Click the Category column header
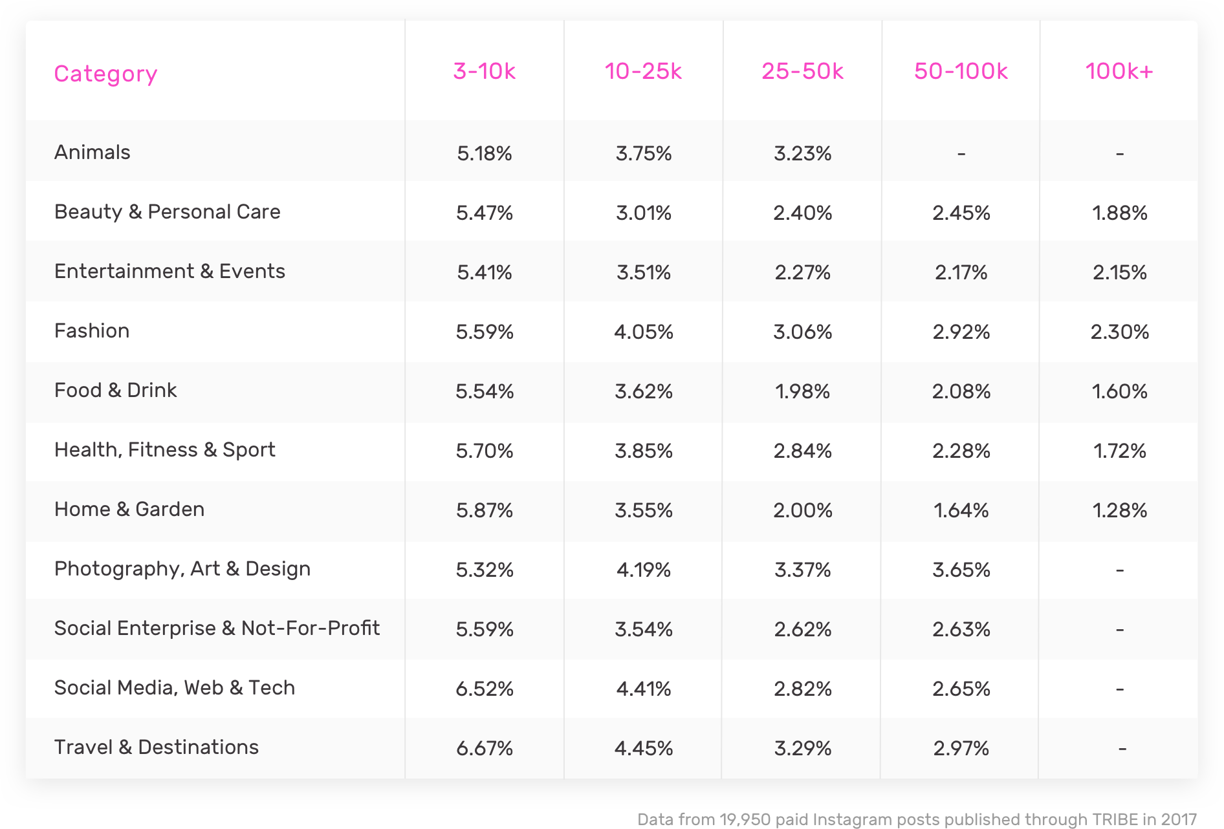click(105, 74)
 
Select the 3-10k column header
click(484, 71)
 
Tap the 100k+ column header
click(1119, 71)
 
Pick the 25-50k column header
click(802, 71)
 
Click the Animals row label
click(92, 153)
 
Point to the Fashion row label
click(91, 331)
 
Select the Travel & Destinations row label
click(156, 748)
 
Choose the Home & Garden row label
click(129, 510)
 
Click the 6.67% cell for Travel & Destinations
click(485, 749)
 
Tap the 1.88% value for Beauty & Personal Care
click(1120, 213)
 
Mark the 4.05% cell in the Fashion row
click(644, 332)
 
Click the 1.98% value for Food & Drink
click(802, 392)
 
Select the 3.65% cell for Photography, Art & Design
click(961, 570)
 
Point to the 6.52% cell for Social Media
click(485, 689)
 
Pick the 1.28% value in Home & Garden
click(1120, 511)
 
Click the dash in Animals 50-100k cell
click(961, 154)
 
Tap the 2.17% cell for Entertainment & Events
click(961, 273)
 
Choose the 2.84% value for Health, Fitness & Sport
click(802, 451)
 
